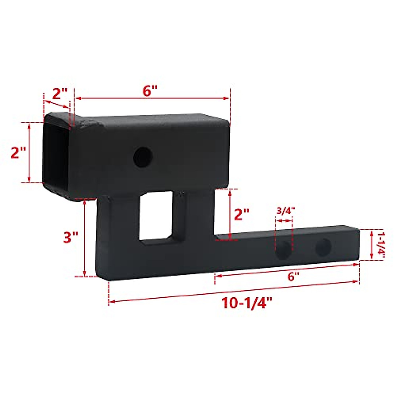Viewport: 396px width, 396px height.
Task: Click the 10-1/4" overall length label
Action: click(x=244, y=303)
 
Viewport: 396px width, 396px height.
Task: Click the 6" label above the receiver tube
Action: click(x=150, y=90)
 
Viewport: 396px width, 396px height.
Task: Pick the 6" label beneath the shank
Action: click(x=291, y=276)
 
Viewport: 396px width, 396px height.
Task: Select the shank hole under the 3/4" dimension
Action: click(x=283, y=250)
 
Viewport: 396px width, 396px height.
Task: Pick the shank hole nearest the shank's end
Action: click(x=323, y=247)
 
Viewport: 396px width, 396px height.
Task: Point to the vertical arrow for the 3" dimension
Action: click(x=85, y=238)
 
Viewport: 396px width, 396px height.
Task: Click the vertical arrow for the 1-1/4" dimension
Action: click(x=372, y=245)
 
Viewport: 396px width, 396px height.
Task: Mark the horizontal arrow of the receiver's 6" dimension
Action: click(x=152, y=98)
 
